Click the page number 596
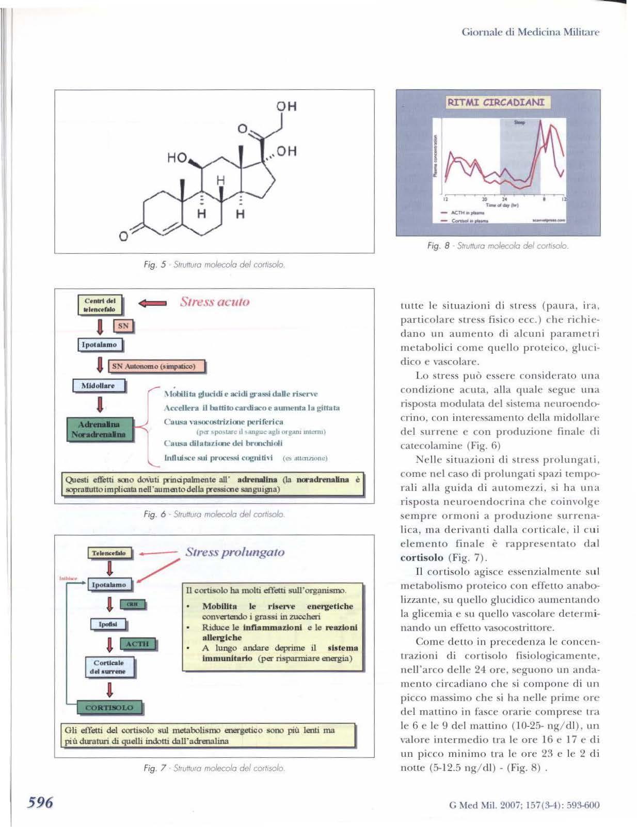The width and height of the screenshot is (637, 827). pyautogui.click(x=40, y=802)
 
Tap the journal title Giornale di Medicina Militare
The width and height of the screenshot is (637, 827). pyautogui.click(x=530, y=32)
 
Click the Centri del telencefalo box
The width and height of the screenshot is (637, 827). pyautogui.click(x=100, y=305)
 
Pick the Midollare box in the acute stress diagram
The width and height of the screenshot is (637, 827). pyautogui.click(x=99, y=385)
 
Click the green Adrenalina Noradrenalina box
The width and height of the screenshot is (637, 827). pyautogui.click(x=99, y=429)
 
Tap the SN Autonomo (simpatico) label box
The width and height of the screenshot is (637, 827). pyautogui.click(x=157, y=366)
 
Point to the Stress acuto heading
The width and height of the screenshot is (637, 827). pyautogui.click(x=214, y=302)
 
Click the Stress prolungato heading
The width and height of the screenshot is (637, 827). pyautogui.click(x=235, y=552)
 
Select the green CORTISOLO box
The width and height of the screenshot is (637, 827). pyautogui.click(x=109, y=708)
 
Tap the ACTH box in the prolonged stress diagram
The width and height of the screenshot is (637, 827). pyautogui.click(x=137, y=644)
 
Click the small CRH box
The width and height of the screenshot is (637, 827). pyautogui.click(x=132, y=604)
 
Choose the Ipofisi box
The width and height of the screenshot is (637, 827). pyautogui.click(x=108, y=624)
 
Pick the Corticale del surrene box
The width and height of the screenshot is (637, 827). pyautogui.click(x=109, y=667)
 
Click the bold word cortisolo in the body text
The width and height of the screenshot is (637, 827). pyautogui.click(x=422, y=557)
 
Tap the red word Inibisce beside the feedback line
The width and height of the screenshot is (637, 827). pyautogui.click(x=68, y=578)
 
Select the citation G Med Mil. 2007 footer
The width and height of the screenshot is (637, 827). pyautogui.click(x=524, y=804)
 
